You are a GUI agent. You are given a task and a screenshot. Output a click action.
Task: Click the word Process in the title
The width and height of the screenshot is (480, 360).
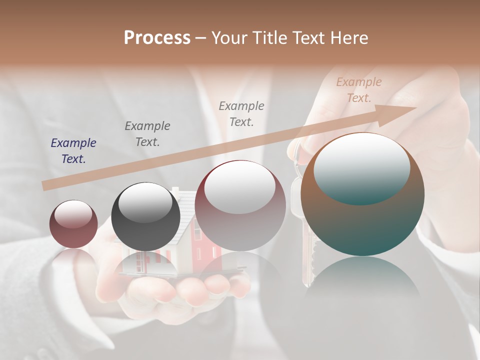coord(157,37)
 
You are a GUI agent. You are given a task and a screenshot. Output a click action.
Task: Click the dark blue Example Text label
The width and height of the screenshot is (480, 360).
coord(73,151)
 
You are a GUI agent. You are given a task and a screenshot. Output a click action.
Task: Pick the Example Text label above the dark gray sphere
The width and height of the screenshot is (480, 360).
coord(147,134)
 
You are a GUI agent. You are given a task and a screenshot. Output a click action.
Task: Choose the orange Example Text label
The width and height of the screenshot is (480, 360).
coord(359,90)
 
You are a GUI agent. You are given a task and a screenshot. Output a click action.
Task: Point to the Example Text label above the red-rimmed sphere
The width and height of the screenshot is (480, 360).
coord(241,113)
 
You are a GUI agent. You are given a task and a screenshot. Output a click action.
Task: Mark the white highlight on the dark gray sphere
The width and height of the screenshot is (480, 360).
coord(145,202)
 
